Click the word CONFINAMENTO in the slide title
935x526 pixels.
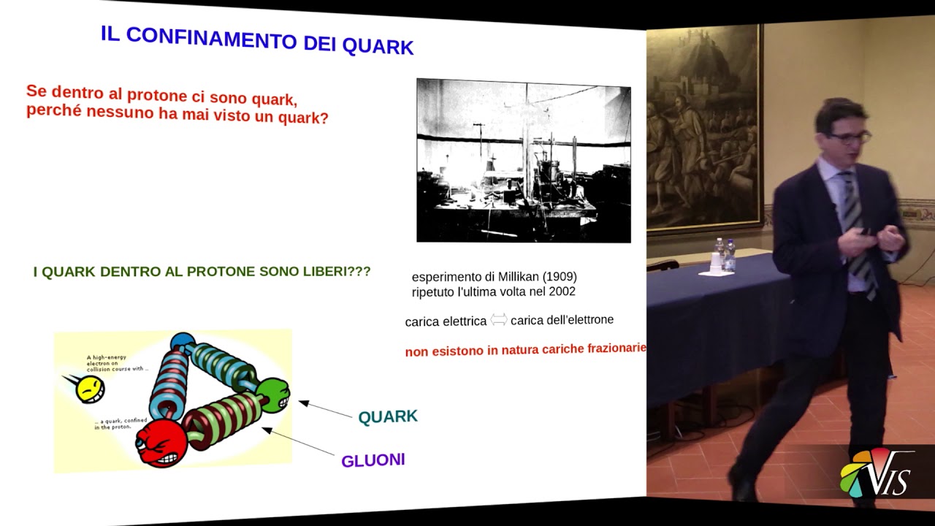click(217, 39)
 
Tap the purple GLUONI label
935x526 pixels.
click(373, 460)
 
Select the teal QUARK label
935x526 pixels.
click(388, 416)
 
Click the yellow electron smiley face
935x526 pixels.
click(89, 389)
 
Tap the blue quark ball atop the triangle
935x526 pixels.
click(182, 342)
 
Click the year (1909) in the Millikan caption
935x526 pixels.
click(557, 277)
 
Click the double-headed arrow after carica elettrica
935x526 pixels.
click(498, 320)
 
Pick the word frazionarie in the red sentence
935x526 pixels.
click(613, 348)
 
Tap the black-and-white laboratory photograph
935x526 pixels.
click(523, 160)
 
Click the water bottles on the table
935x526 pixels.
click(725, 255)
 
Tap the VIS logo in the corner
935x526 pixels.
click(877, 475)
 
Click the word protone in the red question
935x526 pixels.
click(155, 96)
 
